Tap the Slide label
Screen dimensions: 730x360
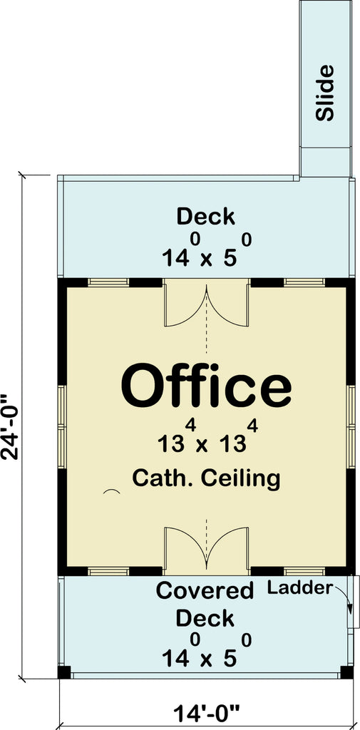(x=325, y=93)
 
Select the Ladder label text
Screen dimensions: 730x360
(x=300, y=588)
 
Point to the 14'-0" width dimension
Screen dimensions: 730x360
(x=206, y=711)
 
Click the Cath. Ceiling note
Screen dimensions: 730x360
(x=206, y=478)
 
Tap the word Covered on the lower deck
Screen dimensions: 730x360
(x=205, y=591)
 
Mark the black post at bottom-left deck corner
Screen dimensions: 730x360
(x=64, y=672)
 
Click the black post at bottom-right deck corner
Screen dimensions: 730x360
(x=346, y=672)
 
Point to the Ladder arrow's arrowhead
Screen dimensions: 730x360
(x=350, y=607)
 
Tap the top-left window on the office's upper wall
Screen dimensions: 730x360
(x=108, y=282)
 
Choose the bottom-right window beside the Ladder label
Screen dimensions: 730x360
(x=304, y=571)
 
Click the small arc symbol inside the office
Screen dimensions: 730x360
(x=110, y=492)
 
